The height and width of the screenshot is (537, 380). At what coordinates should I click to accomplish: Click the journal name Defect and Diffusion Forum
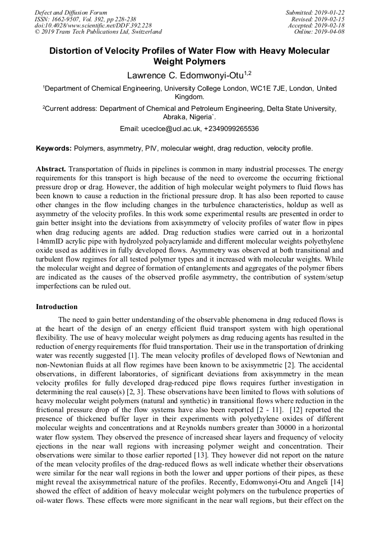coord(71,12)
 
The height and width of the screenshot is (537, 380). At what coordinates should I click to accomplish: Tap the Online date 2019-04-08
coord(331,32)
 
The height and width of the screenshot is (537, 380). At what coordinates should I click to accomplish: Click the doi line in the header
coord(93,25)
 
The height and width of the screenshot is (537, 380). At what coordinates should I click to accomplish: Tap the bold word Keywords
coord(53,148)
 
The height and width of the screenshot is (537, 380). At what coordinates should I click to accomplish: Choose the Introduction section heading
coord(57,307)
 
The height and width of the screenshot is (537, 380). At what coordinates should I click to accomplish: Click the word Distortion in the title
coord(74,51)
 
